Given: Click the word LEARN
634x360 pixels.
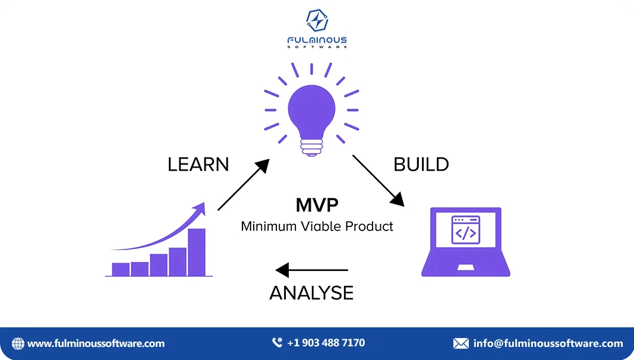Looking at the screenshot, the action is click(x=198, y=165).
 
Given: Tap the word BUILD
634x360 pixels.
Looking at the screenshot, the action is click(x=421, y=165).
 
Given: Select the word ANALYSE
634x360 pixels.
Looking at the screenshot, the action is click(x=311, y=293).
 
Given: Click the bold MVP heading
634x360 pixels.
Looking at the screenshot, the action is click(x=317, y=205).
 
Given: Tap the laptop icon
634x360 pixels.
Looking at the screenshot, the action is click(x=466, y=242).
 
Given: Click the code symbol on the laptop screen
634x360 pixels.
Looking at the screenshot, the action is click(x=466, y=233).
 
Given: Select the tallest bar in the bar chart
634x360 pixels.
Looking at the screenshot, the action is click(x=197, y=252).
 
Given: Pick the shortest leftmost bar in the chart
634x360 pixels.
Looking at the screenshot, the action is click(x=121, y=270).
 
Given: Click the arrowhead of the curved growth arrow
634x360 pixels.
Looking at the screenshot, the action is click(x=200, y=209).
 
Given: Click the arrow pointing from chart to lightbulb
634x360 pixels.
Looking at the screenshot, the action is click(x=244, y=185).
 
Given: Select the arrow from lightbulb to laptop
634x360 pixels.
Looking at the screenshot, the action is click(x=378, y=181).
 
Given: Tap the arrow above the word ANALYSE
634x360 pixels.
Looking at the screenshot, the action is click(x=311, y=270).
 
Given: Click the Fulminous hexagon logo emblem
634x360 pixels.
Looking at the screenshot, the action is click(x=317, y=20).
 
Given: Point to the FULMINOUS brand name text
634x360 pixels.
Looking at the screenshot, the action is click(x=317, y=40).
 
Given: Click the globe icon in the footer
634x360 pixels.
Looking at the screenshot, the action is click(x=18, y=343).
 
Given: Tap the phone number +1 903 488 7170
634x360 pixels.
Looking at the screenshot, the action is click(x=326, y=343).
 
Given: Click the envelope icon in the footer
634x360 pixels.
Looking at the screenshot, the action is click(x=461, y=343).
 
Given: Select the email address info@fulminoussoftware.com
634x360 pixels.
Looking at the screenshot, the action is click(x=548, y=343).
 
